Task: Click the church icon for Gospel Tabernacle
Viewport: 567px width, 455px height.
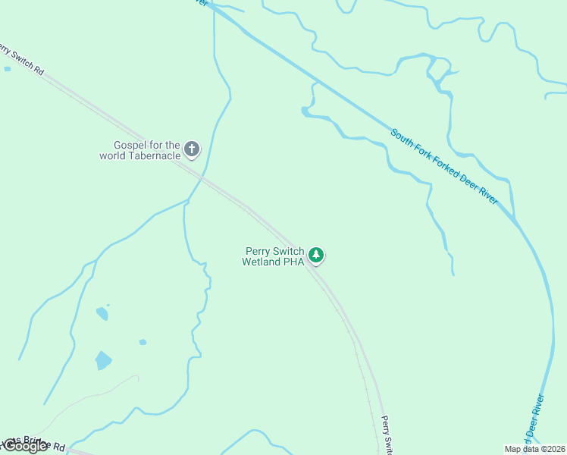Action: tap(192, 149)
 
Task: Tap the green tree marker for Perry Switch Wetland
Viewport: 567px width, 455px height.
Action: tap(316, 256)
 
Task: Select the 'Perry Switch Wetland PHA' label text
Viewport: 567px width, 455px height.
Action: tap(274, 256)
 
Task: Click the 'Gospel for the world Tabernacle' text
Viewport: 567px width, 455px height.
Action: tap(141, 150)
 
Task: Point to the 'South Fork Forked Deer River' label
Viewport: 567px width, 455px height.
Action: tap(444, 166)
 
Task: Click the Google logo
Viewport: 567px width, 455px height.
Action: tap(25, 446)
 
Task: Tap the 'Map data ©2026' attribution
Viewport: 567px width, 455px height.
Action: tap(534, 449)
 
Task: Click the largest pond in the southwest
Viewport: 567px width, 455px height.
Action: tap(103, 359)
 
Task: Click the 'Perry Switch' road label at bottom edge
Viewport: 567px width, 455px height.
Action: tap(386, 435)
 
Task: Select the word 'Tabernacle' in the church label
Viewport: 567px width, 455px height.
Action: tap(152, 155)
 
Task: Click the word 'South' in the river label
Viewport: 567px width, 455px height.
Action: tap(401, 138)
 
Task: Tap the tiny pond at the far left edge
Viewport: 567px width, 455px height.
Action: tap(8, 69)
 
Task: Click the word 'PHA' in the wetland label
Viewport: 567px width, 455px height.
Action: tap(294, 262)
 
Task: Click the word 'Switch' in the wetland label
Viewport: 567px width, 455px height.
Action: tap(289, 251)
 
